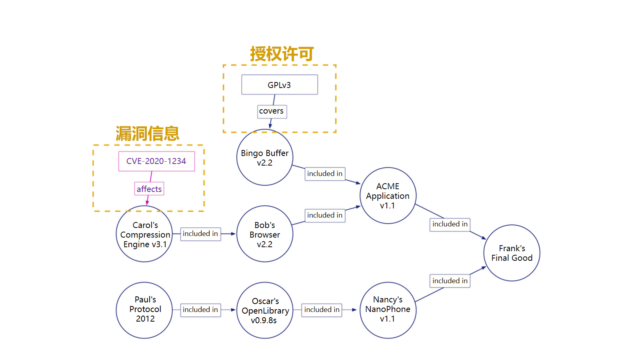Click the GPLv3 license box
[x=279, y=85]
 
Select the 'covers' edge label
[x=272, y=111]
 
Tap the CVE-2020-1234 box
[x=156, y=161]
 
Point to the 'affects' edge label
[x=149, y=189]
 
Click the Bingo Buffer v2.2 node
[x=265, y=158]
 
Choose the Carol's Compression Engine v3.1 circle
[x=144, y=234]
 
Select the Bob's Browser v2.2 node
[x=265, y=234]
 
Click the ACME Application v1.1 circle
[x=388, y=196]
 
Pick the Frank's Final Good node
[x=512, y=253]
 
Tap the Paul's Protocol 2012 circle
[x=144, y=310]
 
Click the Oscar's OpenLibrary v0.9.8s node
[x=265, y=310]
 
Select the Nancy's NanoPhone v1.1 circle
[x=388, y=310]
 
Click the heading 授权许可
[x=282, y=54]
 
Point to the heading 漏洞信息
[x=148, y=134]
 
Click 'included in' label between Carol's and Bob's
[x=200, y=234]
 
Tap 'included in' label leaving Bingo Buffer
[x=325, y=174]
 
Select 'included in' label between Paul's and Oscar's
[x=200, y=310]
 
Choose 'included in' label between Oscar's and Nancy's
[x=322, y=310]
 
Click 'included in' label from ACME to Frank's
[x=450, y=224]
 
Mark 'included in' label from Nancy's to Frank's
[x=450, y=281]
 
